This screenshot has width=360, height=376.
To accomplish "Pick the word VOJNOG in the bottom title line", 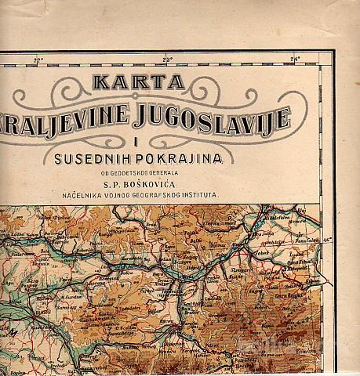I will (x=148, y=199).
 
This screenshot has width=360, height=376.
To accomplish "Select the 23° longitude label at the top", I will (x=167, y=60).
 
